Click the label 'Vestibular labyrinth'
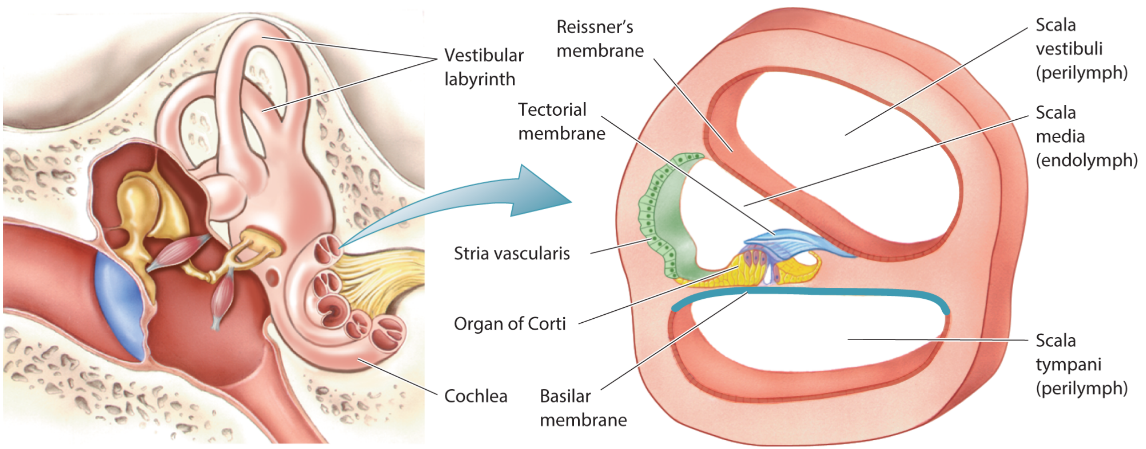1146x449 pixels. [483, 67]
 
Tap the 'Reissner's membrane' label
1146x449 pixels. [599, 39]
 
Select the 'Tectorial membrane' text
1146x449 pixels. [561, 122]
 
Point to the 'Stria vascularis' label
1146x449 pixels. [511, 253]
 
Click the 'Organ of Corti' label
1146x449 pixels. [509, 324]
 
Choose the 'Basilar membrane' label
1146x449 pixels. [583, 408]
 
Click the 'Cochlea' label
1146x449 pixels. [475, 396]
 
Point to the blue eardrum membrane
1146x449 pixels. [122, 304]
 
